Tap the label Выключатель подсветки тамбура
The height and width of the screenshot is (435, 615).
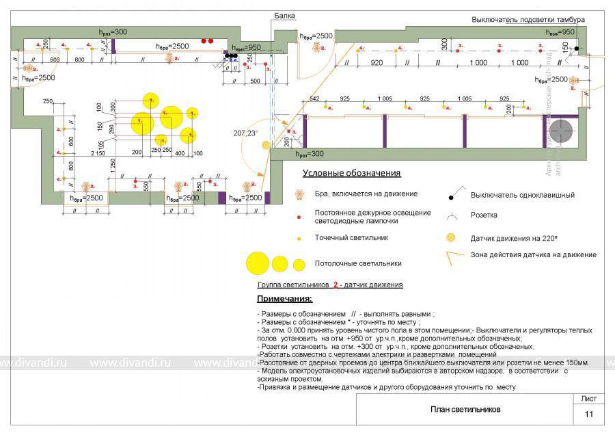tap(528, 20)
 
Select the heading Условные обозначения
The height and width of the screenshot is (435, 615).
tap(351, 173)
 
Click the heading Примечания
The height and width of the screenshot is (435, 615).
tap(284, 299)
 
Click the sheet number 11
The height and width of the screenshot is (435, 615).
tap(589, 414)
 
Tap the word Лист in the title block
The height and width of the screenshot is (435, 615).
tap(588, 398)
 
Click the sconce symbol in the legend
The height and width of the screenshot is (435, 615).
tap(299, 194)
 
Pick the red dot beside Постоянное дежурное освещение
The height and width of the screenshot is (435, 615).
tap(299, 217)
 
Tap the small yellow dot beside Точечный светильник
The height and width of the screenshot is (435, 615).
tap(299, 238)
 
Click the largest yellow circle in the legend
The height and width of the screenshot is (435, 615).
tap(258, 263)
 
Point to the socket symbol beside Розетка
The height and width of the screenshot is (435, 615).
tap(451, 217)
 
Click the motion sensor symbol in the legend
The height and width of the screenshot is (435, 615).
tap(450, 238)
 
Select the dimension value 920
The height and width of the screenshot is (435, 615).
tap(376, 62)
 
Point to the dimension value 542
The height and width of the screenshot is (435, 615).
tap(314, 99)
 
